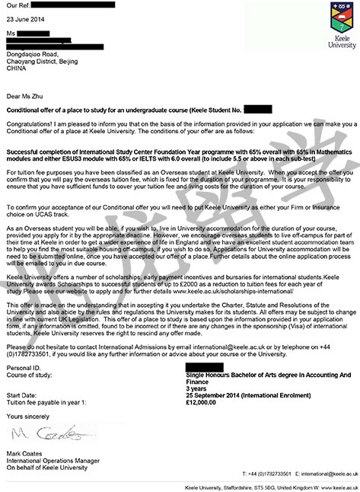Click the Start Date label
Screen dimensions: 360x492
pos(23,395)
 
